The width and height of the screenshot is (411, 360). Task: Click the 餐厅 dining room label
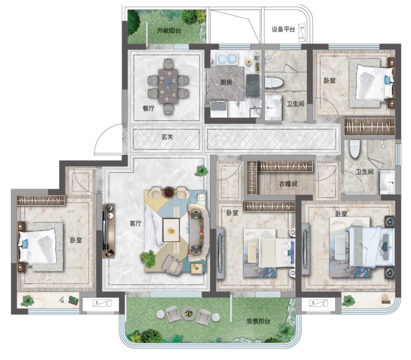click(x=149, y=108)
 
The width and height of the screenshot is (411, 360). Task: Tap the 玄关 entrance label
click(x=167, y=137)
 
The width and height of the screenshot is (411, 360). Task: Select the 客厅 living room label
click(x=136, y=223)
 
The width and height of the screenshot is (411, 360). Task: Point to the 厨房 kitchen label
click(x=226, y=82)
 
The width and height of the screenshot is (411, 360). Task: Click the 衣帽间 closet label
click(x=288, y=184)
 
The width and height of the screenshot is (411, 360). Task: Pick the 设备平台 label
click(x=283, y=29)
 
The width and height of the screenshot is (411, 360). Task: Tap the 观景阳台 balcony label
click(x=258, y=321)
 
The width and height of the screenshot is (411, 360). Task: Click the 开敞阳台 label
click(x=169, y=31)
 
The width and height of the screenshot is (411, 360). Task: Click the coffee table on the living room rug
click(x=171, y=230)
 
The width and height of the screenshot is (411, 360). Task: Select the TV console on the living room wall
click(x=109, y=231)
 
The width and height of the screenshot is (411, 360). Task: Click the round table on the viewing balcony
click(x=189, y=313)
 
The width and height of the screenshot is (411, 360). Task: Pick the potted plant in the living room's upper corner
click(x=202, y=171)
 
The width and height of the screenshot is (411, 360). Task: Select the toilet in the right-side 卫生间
click(x=354, y=149)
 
